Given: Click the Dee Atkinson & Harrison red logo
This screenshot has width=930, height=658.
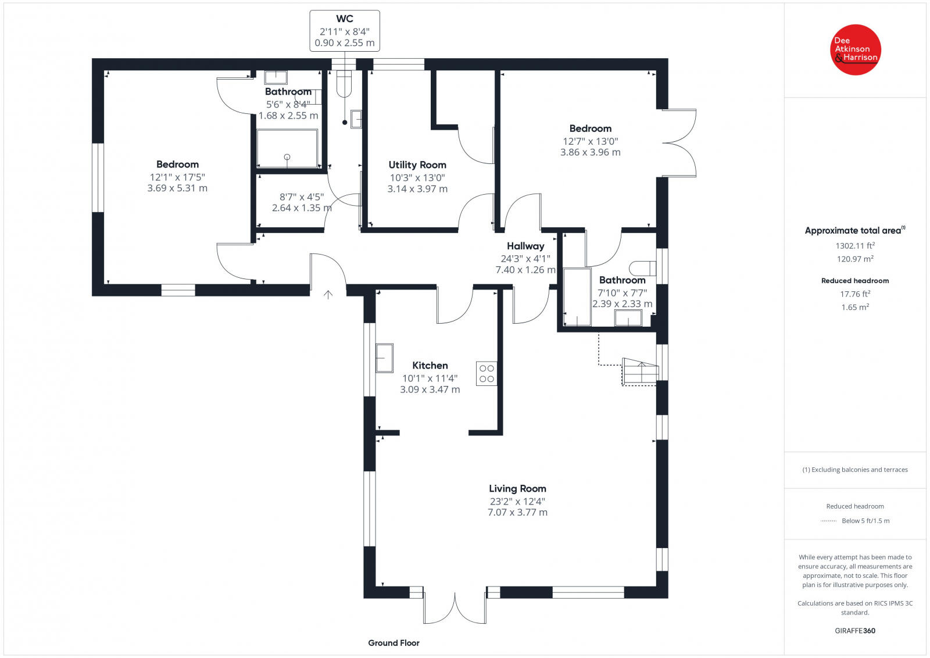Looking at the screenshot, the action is coord(855,50).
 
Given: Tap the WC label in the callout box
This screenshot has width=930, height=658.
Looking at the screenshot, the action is coord(345,19).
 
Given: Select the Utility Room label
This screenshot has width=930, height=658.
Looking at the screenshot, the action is coord(417,165).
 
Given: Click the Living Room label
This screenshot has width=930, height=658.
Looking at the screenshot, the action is coord(517,489).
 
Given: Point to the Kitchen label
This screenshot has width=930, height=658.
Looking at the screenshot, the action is coord(430,366).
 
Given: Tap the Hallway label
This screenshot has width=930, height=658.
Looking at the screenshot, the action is coord(525,246).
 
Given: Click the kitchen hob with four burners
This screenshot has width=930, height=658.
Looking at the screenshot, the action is coord(487,374).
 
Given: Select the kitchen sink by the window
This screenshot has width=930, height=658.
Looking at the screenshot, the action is coord(384,357).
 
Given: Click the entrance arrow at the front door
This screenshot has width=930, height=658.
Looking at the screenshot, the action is coord(328,295).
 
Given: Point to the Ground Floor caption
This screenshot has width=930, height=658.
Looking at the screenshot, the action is coord(394,643).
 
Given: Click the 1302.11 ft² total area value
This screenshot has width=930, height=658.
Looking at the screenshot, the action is coord(855,246).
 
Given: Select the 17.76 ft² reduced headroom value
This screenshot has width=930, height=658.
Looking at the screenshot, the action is coord(855,294).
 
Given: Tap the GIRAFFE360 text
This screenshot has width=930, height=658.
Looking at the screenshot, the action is coord(855,631).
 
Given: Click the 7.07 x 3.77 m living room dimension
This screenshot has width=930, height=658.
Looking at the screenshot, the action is coord(517,513).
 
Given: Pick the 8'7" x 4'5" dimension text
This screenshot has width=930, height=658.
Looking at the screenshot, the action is coord(302,197).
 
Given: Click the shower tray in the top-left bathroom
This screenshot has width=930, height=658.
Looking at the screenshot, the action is coord(287,149).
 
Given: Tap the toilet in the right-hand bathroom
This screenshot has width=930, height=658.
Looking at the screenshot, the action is coord(643,268).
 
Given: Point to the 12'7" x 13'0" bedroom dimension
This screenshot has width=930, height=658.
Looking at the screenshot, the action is coord(591,141).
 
